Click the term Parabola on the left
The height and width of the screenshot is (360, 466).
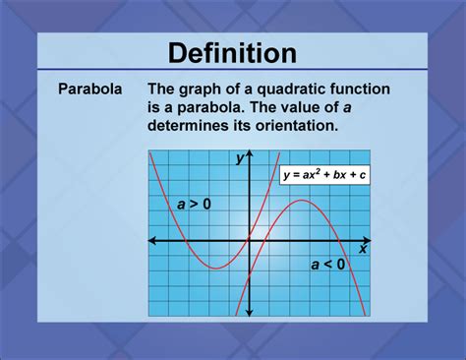pyautogui.click(x=89, y=89)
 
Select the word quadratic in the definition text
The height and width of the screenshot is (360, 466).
pyautogui.click(x=276, y=89)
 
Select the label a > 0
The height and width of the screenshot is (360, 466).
pyautogui.click(x=194, y=205)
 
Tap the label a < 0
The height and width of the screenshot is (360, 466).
pyautogui.click(x=327, y=264)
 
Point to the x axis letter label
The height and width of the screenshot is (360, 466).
pyautogui.click(x=362, y=250)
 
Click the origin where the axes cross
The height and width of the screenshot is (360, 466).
pyautogui.click(x=250, y=240)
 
